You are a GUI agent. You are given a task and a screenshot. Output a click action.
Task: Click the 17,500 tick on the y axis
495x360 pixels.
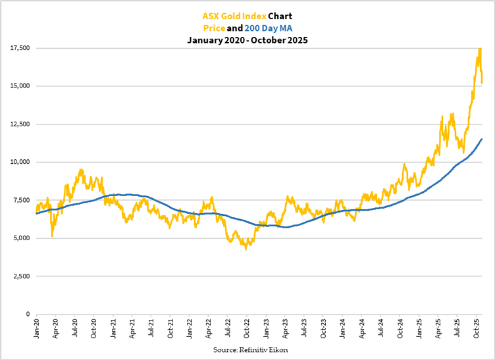(18, 48)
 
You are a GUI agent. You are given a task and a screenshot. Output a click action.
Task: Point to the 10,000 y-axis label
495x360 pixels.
(18, 162)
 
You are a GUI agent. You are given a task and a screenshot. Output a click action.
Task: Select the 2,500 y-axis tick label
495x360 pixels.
(20, 276)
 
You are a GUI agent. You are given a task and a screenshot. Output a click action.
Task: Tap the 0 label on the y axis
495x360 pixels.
(28, 314)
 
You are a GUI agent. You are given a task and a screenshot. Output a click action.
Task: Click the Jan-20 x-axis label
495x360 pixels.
(36, 327)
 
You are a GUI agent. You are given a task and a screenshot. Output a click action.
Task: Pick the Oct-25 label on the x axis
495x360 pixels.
(477, 327)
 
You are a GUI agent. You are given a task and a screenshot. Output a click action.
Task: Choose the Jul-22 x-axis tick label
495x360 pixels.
(228, 327)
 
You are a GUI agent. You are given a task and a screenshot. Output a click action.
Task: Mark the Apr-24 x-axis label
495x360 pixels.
(361, 327)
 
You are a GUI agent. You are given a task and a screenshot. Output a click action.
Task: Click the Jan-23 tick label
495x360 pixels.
(266, 327)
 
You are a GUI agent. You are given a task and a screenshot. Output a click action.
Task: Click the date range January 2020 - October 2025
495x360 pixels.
(247, 40)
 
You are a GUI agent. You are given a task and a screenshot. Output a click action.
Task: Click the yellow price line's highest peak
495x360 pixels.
(480, 48)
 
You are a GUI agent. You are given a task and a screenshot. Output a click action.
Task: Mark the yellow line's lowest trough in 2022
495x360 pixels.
(246, 249)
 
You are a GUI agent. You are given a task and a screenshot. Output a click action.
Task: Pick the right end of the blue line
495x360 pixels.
(482, 139)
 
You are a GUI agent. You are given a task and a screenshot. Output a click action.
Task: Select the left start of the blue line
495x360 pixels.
(36, 213)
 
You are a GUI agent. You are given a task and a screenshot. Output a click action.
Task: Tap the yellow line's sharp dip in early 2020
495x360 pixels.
(52, 236)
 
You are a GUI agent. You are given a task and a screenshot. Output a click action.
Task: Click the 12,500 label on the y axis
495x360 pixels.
(18, 124)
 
